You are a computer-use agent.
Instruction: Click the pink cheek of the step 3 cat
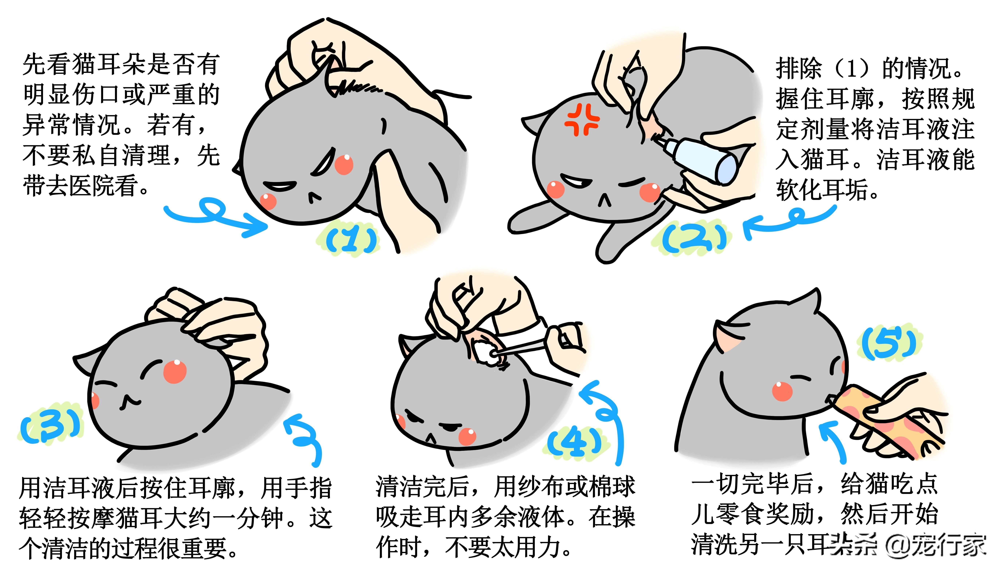tap(175, 371)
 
